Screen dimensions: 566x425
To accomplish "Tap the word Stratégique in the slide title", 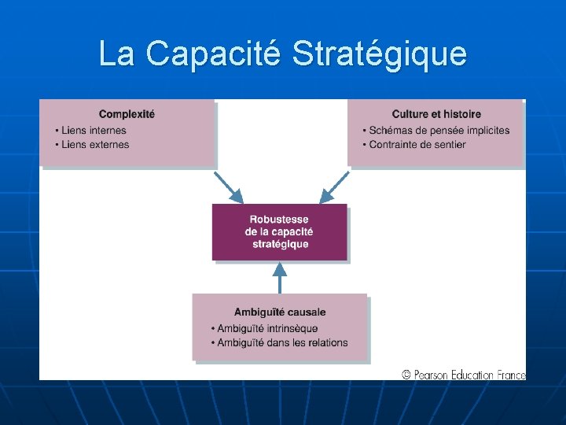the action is tap(379, 54).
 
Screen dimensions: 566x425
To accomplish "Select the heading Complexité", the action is tap(127, 114).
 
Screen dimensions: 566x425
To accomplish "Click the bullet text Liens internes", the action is tap(94, 131).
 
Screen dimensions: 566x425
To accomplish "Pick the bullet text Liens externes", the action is tap(95, 145).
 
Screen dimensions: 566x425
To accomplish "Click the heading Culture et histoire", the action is tap(436, 114).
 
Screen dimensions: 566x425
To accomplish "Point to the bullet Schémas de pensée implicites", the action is tap(439, 131).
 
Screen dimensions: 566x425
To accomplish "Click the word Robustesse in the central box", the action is tap(279, 220).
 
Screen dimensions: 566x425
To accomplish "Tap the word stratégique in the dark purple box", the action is tap(279, 244).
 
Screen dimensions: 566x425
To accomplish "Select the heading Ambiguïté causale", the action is tap(280, 312).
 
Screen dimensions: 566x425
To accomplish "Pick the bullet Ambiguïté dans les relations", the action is tap(282, 342).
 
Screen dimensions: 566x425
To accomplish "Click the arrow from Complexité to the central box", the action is tap(228, 187).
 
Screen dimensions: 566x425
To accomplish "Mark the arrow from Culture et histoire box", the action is tap(333, 187).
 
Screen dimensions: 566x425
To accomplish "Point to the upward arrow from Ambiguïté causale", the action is tap(279, 277).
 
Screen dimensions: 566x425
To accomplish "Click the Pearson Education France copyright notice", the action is tap(463, 375).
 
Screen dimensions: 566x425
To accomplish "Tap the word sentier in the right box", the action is tap(449, 145).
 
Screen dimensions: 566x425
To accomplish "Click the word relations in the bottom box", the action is tap(326, 342).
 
